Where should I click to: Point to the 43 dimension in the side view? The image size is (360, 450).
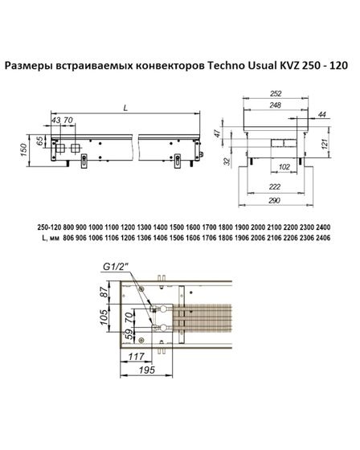pos(55,121)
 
